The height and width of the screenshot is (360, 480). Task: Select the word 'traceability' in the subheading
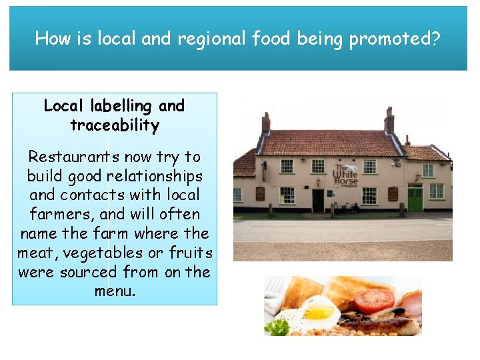pyautogui.click(x=115, y=125)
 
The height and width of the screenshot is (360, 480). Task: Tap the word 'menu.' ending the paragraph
pyautogui.click(x=115, y=291)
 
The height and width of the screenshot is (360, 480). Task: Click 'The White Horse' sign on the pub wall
pyautogui.click(x=346, y=175)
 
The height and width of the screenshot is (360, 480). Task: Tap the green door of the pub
pyautogui.click(x=415, y=199)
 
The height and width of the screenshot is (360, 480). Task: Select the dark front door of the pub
pyautogui.click(x=318, y=200)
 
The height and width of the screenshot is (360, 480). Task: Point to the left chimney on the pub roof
pyautogui.click(x=266, y=122)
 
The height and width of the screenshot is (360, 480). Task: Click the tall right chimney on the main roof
pyautogui.click(x=389, y=121)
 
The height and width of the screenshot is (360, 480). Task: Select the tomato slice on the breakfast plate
pyautogui.click(x=373, y=301)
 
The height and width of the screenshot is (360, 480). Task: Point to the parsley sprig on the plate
pyautogui.click(x=278, y=327)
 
